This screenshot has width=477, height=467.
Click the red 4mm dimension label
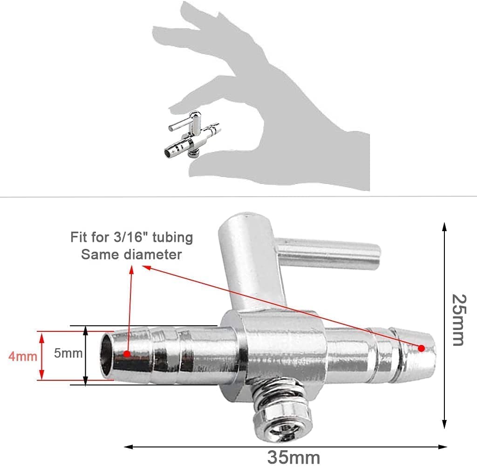(22, 357)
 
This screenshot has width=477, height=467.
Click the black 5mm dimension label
(68, 353)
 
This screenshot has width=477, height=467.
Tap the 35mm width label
(293, 456)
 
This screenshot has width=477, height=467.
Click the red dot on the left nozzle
(127, 354)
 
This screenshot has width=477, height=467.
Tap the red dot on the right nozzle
(421, 348)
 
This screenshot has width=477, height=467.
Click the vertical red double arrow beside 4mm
(42, 356)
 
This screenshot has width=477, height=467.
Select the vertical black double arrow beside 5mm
(86, 356)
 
